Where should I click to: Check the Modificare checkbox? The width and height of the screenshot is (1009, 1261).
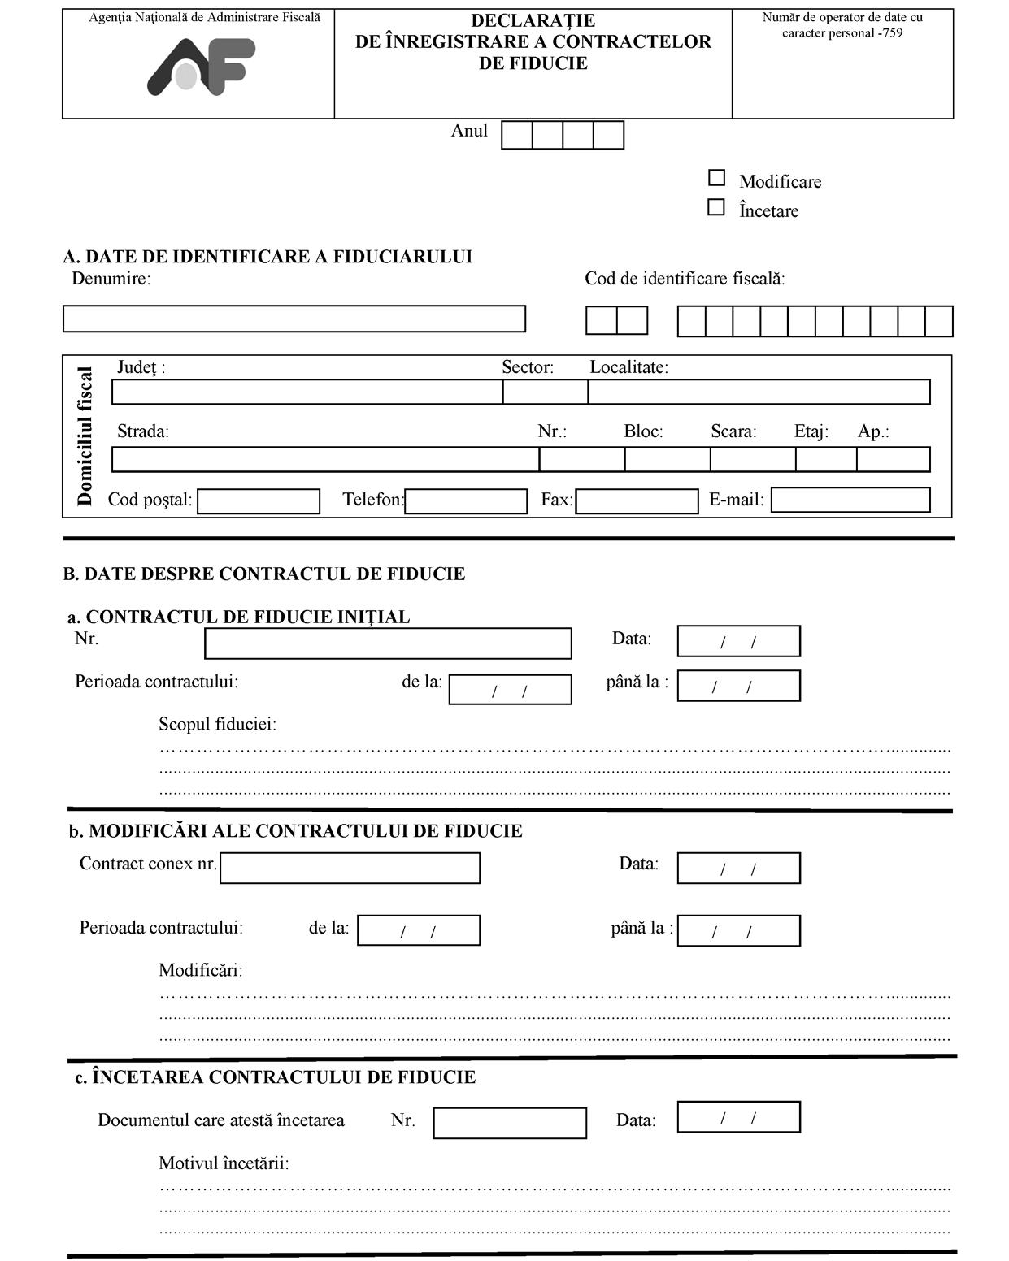tap(716, 178)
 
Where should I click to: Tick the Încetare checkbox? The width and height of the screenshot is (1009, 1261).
tap(716, 207)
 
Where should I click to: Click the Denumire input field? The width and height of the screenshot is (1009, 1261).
tap(294, 318)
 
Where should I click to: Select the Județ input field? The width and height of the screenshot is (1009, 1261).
tap(307, 392)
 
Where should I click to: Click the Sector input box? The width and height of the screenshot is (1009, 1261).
tap(545, 392)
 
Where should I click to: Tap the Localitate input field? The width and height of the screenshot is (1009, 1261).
tap(759, 392)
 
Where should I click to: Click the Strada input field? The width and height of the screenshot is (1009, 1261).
tap(325, 460)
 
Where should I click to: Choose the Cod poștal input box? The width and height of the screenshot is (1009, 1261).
tap(259, 501)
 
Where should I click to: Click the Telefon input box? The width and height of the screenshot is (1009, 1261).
tap(466, 501)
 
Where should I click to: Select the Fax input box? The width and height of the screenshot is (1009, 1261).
tap(637, 501)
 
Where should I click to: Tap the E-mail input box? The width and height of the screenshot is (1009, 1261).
tap(850, 500)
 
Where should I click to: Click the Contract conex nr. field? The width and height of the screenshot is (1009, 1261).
tap(350, 868)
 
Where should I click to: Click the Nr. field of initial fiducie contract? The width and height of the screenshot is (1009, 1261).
tap(388, 643)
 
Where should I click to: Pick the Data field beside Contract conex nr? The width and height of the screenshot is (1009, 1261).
tap(738, 868)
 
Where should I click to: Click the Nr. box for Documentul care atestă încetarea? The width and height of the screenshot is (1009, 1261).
tap(510, 1123)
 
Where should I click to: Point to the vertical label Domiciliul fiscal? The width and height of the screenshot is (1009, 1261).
tap(85, 436)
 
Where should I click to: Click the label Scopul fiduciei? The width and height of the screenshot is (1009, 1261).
tap(217, 724)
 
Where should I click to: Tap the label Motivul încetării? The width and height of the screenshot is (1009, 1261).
tap(224, 1163)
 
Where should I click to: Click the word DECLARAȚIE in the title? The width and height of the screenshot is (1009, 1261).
tap(533, 20)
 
